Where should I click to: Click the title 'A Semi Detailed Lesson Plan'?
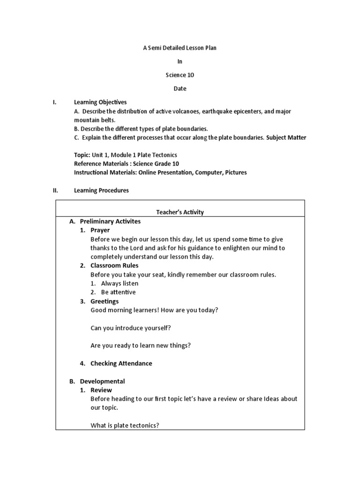(180, 48)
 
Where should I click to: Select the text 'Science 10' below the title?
(180, 75)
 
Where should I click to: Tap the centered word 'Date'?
(180, 89)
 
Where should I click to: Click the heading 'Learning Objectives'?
(100, 102)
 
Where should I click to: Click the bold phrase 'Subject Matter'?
(286, 137)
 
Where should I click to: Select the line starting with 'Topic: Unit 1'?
(126, 155)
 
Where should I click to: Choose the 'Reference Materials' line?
(127, 164)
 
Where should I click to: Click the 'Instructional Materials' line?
(160, 172)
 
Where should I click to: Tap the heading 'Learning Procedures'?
(101, 190)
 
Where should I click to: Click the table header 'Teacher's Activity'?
(180, 212)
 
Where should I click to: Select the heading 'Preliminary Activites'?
(110, 221)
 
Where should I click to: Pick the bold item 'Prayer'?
(100, 230)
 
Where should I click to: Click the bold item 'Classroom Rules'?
(114, 266)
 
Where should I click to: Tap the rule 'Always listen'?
(120, 284)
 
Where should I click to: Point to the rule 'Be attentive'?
(118, 292)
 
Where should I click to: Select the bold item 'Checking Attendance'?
(121, 363)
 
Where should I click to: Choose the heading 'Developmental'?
(102, 381)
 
